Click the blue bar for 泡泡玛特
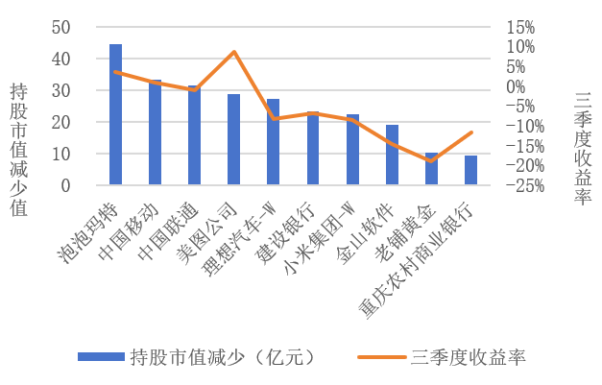point(115,114)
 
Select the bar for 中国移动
point(155,132)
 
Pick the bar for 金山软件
point(392,155)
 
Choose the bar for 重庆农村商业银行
point(470,170)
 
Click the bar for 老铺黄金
point(431,169)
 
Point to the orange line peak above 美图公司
point(233,52)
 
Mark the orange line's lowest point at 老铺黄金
point(431,161)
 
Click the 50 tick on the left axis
point(60,27)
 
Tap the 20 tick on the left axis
point(60,122)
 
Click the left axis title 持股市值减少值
point(19,148)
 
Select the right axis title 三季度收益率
point(581,148)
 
